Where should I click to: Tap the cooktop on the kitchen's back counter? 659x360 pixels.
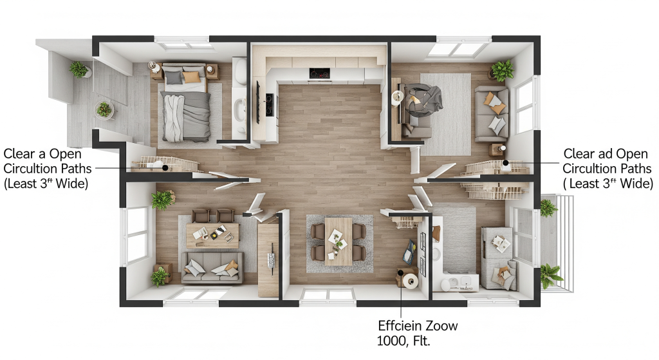[320, 73]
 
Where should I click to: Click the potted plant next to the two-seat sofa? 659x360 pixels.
[502, 70]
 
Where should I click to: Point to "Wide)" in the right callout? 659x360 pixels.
[633, 184]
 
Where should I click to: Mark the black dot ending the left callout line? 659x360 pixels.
[165, 167]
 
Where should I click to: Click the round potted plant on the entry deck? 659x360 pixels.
[104, 110]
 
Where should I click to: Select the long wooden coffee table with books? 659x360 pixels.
[212, 234]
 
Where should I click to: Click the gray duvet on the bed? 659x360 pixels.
[184, 116]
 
